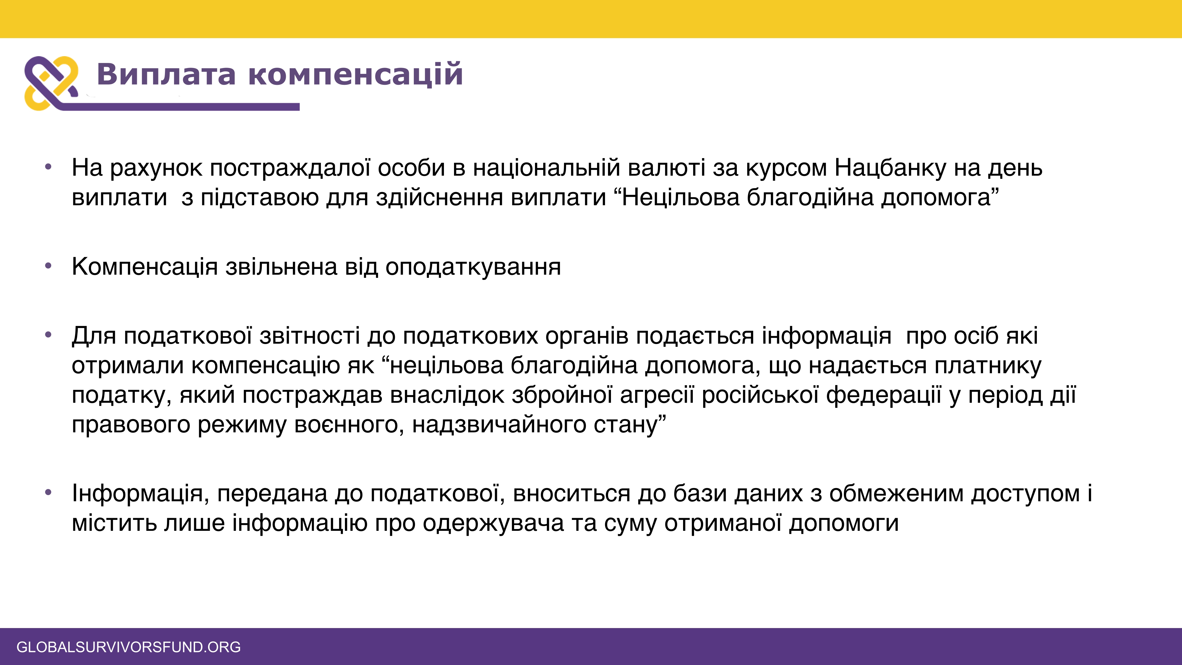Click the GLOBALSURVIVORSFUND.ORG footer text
tap(129, 647)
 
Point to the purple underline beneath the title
tap(179, 107)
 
